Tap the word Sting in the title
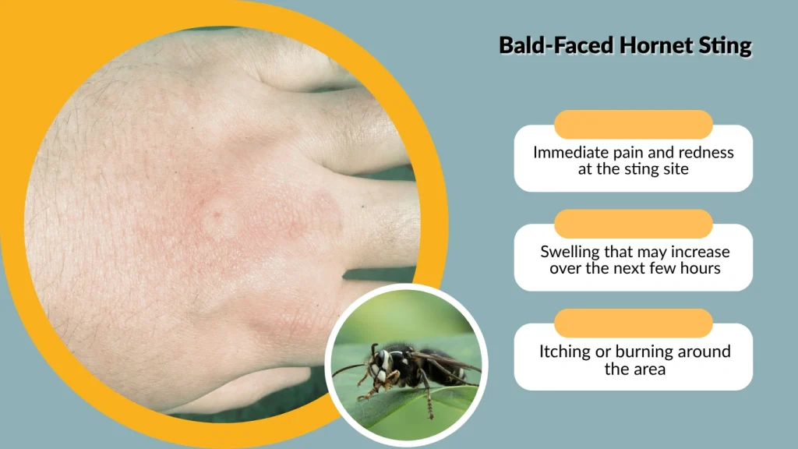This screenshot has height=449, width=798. [729, 45]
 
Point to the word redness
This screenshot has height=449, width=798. [705, 152]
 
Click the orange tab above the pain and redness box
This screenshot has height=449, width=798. [633, 125]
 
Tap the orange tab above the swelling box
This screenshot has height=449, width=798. [633, 224]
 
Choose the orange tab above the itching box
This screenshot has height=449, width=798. [633, 323]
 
